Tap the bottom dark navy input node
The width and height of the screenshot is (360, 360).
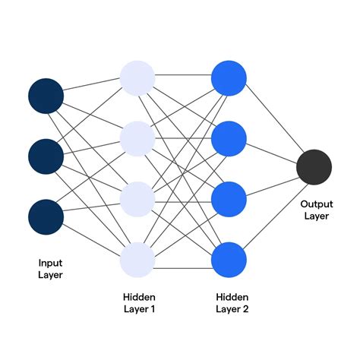point(46,216)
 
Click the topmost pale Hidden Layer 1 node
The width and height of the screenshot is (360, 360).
point(137,77)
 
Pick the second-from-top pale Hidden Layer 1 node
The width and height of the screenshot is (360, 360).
point(137,138)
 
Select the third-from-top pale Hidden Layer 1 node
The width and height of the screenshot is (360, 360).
point(137,199)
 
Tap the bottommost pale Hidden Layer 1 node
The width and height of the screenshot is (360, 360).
point(137,259)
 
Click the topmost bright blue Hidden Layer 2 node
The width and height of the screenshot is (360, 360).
point(229,77)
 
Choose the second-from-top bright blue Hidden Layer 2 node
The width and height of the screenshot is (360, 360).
point(229,138)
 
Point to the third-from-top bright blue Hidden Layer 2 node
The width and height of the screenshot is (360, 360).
point(229,199)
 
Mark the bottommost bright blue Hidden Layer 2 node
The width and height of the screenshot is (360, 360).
point(229,259)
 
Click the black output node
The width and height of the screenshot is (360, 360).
point(314,168)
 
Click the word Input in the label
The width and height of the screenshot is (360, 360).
point(50,262)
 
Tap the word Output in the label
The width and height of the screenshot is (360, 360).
point(317,204)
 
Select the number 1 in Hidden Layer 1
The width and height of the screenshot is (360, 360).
point(154,308)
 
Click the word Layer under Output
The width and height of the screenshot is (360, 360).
point(317,216)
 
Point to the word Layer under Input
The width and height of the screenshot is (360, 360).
point(50,274)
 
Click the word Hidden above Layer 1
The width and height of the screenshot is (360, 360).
point(137,296)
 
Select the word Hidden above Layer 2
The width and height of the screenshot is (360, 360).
point(230,296)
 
